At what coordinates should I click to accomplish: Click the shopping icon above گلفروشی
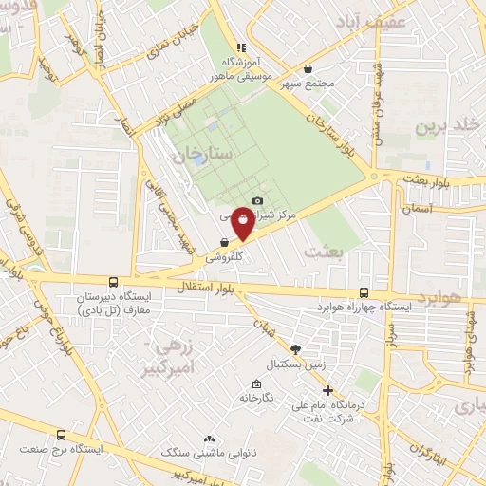coord(224,243)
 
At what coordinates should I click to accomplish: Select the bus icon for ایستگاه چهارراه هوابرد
coord(365,293)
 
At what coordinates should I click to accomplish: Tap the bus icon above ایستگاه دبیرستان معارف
coord(114,282)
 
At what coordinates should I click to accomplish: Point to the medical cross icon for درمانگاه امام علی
coord(327,389)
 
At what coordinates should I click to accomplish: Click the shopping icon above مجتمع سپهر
coord(308,68)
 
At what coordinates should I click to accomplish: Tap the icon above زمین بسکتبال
coord(296,349)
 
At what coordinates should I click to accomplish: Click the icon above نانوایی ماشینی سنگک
coord(209,439)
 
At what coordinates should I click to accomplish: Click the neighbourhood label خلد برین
coord(447,127)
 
